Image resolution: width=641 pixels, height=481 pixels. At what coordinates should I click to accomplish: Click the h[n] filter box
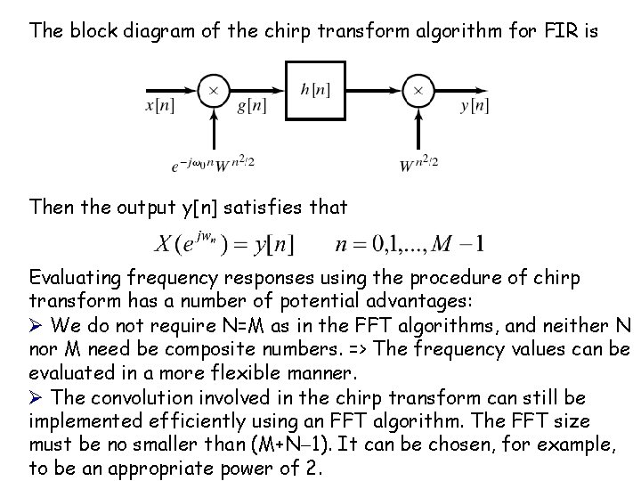coord(316,90)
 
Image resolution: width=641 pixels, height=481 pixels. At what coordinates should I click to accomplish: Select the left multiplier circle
coord(214,89)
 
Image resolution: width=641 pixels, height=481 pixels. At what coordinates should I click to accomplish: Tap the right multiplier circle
coord(418,89)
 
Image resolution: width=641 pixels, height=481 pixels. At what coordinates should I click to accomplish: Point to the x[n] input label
coord(159,106)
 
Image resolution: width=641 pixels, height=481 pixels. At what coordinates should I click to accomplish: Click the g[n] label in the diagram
coord(252,106)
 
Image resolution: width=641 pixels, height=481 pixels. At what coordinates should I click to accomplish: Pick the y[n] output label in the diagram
coord(475,106)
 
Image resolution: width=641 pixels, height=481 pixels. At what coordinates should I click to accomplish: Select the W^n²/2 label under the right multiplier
coord(419,163)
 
